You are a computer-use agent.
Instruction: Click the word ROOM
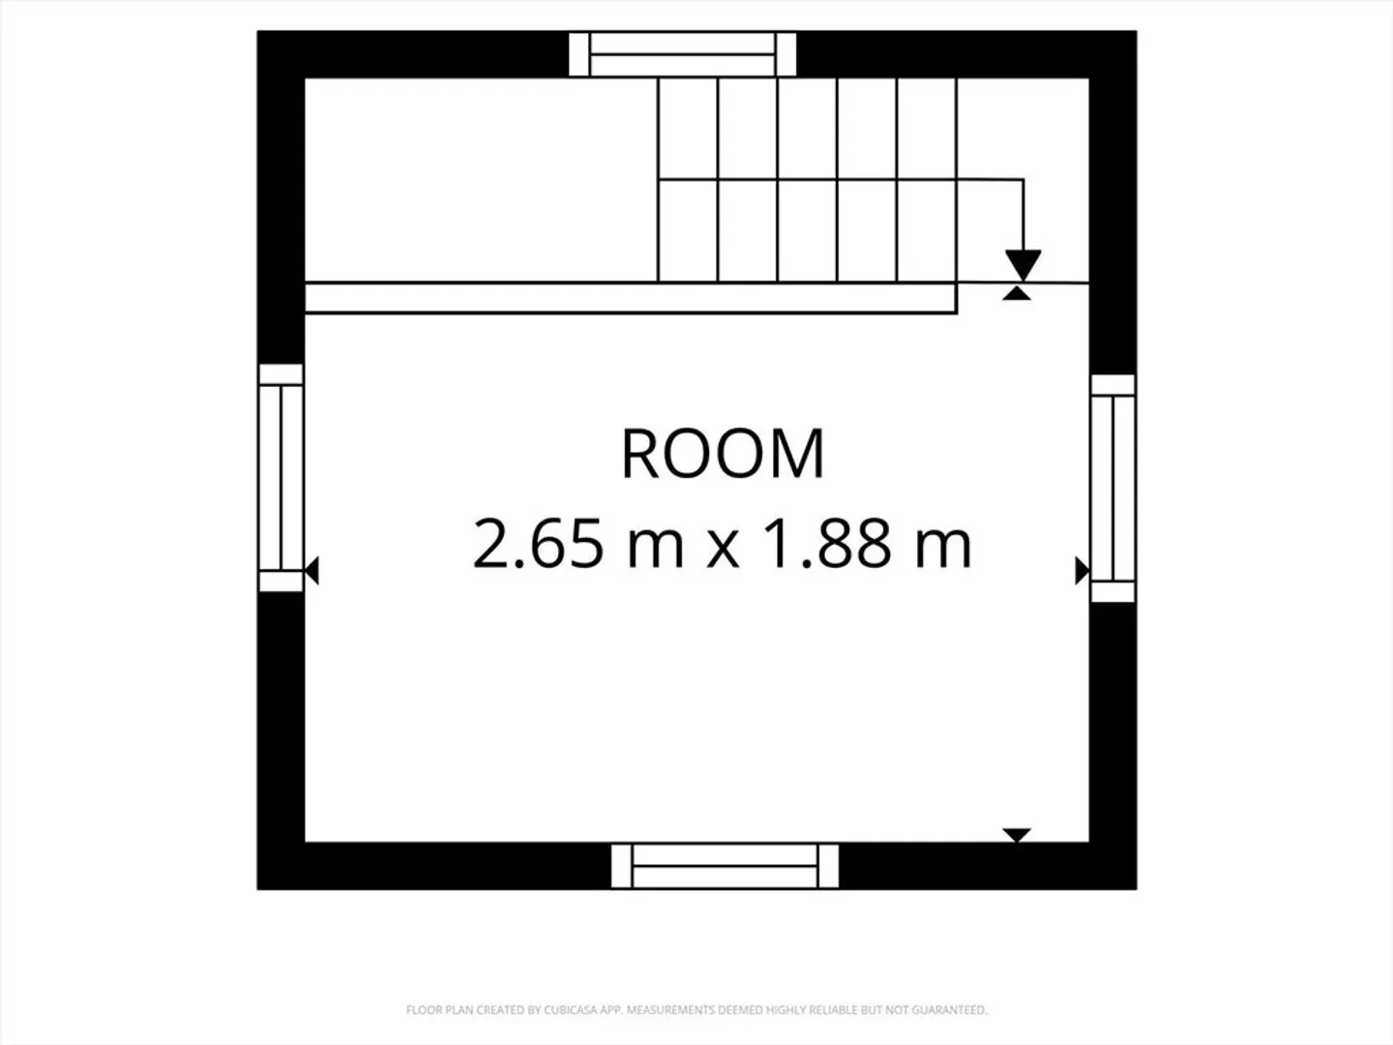(723, 453)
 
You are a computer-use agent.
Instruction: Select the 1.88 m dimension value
(867, 544)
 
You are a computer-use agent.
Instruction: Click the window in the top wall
(682, 54)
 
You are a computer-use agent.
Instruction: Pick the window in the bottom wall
(725, 866)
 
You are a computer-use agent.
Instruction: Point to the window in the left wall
(281, 478)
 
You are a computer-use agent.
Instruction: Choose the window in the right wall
(1112, 488)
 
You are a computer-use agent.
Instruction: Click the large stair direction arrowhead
(1023, 265)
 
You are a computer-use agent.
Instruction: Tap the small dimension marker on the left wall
(311, 571)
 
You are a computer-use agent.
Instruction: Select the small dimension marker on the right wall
(1082, 571)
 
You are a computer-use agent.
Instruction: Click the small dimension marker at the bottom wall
(1017, 835)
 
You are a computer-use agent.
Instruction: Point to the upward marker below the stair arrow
(1017, 292)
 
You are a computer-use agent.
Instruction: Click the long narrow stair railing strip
(631, 298)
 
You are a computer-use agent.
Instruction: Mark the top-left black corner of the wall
(257, 31)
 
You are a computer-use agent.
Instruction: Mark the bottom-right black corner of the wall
(1136, 889)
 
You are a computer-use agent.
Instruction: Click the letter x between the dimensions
(724, 551)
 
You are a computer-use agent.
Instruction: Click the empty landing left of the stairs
(481, 180)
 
